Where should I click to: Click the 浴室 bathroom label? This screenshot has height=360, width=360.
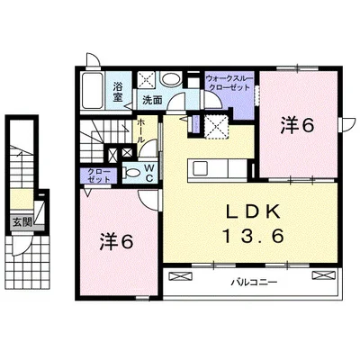tap(118, 92)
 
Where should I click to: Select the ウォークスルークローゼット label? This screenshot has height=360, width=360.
tap(229, 83)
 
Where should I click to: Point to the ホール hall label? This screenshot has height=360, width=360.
tap(140, 130)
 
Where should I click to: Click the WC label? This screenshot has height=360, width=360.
tap(149, 174)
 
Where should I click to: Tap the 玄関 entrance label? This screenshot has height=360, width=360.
tap(22, 223)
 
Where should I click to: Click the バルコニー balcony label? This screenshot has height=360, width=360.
tap(254, 283)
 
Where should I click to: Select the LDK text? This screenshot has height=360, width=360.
tap(253, 212)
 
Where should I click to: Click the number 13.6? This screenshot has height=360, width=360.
tap(253, 236)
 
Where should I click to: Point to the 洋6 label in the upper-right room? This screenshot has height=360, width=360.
tap(297, 125)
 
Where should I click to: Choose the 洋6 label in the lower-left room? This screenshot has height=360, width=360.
tap(116, 242)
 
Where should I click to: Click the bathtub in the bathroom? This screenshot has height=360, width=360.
tap(92, 91)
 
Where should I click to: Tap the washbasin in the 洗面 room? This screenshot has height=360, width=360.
tap(170, 79)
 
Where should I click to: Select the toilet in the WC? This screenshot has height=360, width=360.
tap(132, 173)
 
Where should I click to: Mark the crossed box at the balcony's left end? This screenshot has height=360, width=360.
tap(180, 275)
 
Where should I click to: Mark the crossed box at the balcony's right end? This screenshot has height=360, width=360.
tap(324, 275)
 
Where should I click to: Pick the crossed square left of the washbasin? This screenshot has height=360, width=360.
tap(146, 80)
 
